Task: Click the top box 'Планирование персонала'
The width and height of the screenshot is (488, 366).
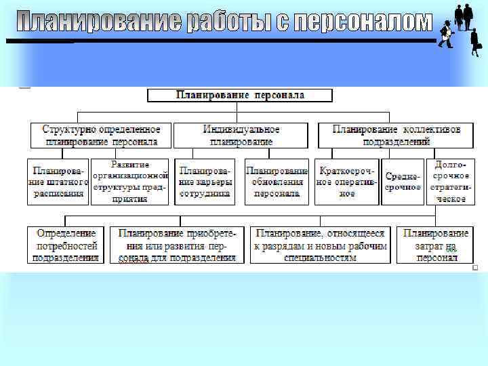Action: click(240, 96)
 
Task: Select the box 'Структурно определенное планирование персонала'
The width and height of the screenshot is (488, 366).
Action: click(101, 136)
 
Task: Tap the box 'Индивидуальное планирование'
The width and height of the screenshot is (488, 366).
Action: click(241, 136)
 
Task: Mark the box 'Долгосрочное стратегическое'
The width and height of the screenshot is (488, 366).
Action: click(450, 182)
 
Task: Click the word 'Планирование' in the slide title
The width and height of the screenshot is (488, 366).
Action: click(98, 22)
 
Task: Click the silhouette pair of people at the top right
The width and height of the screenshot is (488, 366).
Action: click(463, 16)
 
